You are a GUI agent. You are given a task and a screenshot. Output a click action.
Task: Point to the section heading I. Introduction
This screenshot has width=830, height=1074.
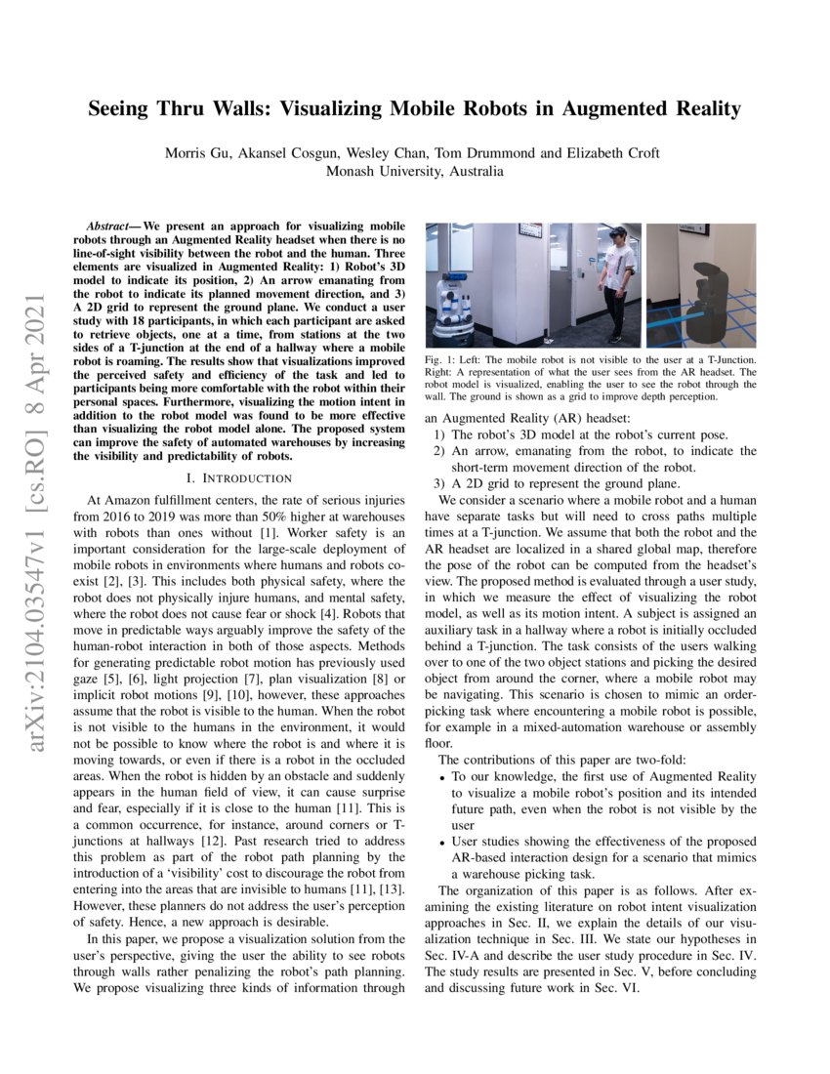coord(240,477)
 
